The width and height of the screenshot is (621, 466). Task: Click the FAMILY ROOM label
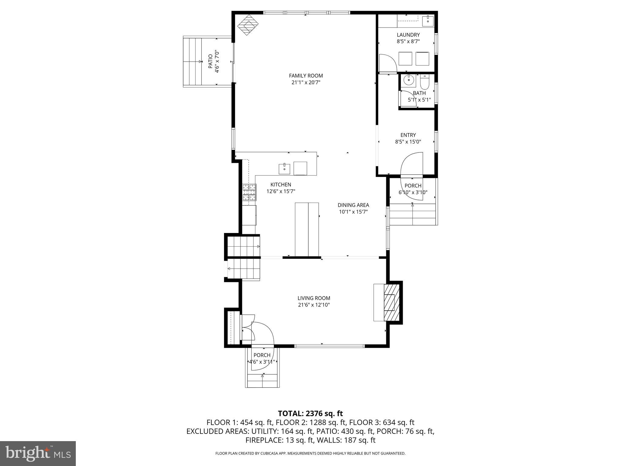pyautogui.click(x=306, y=76)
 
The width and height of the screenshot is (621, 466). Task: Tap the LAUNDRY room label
pyautogui.click(x=408, y=35)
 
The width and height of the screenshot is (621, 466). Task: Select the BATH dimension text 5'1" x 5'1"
pyautogui.click(x=419, y=100)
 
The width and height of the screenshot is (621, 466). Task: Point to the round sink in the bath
pyautogui.click(x=409, y=80)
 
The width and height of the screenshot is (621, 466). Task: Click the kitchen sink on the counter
pyautogui.click(x=284, y=169)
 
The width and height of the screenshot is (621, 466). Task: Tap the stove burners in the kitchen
pyautogui.click(x=249, y=192)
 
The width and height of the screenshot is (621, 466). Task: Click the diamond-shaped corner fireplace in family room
pyautogui.click(x=247, y=25)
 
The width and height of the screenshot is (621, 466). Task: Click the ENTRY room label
pyautogui.click(x=408, y=135)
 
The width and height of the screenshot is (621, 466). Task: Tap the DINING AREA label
pyautogui.click(x=353, y=205)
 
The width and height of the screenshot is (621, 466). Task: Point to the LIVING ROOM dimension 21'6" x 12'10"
pyautogui.click(x=314, y=305)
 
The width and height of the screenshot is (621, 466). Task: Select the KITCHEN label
pyautogui.click(x=281, y=184)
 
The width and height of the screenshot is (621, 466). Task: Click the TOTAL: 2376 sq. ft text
pyautogui.click(x=310, y=413)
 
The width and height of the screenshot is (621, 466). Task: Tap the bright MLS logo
pyautogui.click(x=38, y=453)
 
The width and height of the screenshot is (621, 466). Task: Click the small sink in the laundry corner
pyautogui.click(x=428, y=20)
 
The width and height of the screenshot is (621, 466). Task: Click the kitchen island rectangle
pyautogui.click(x=307, y=229)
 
